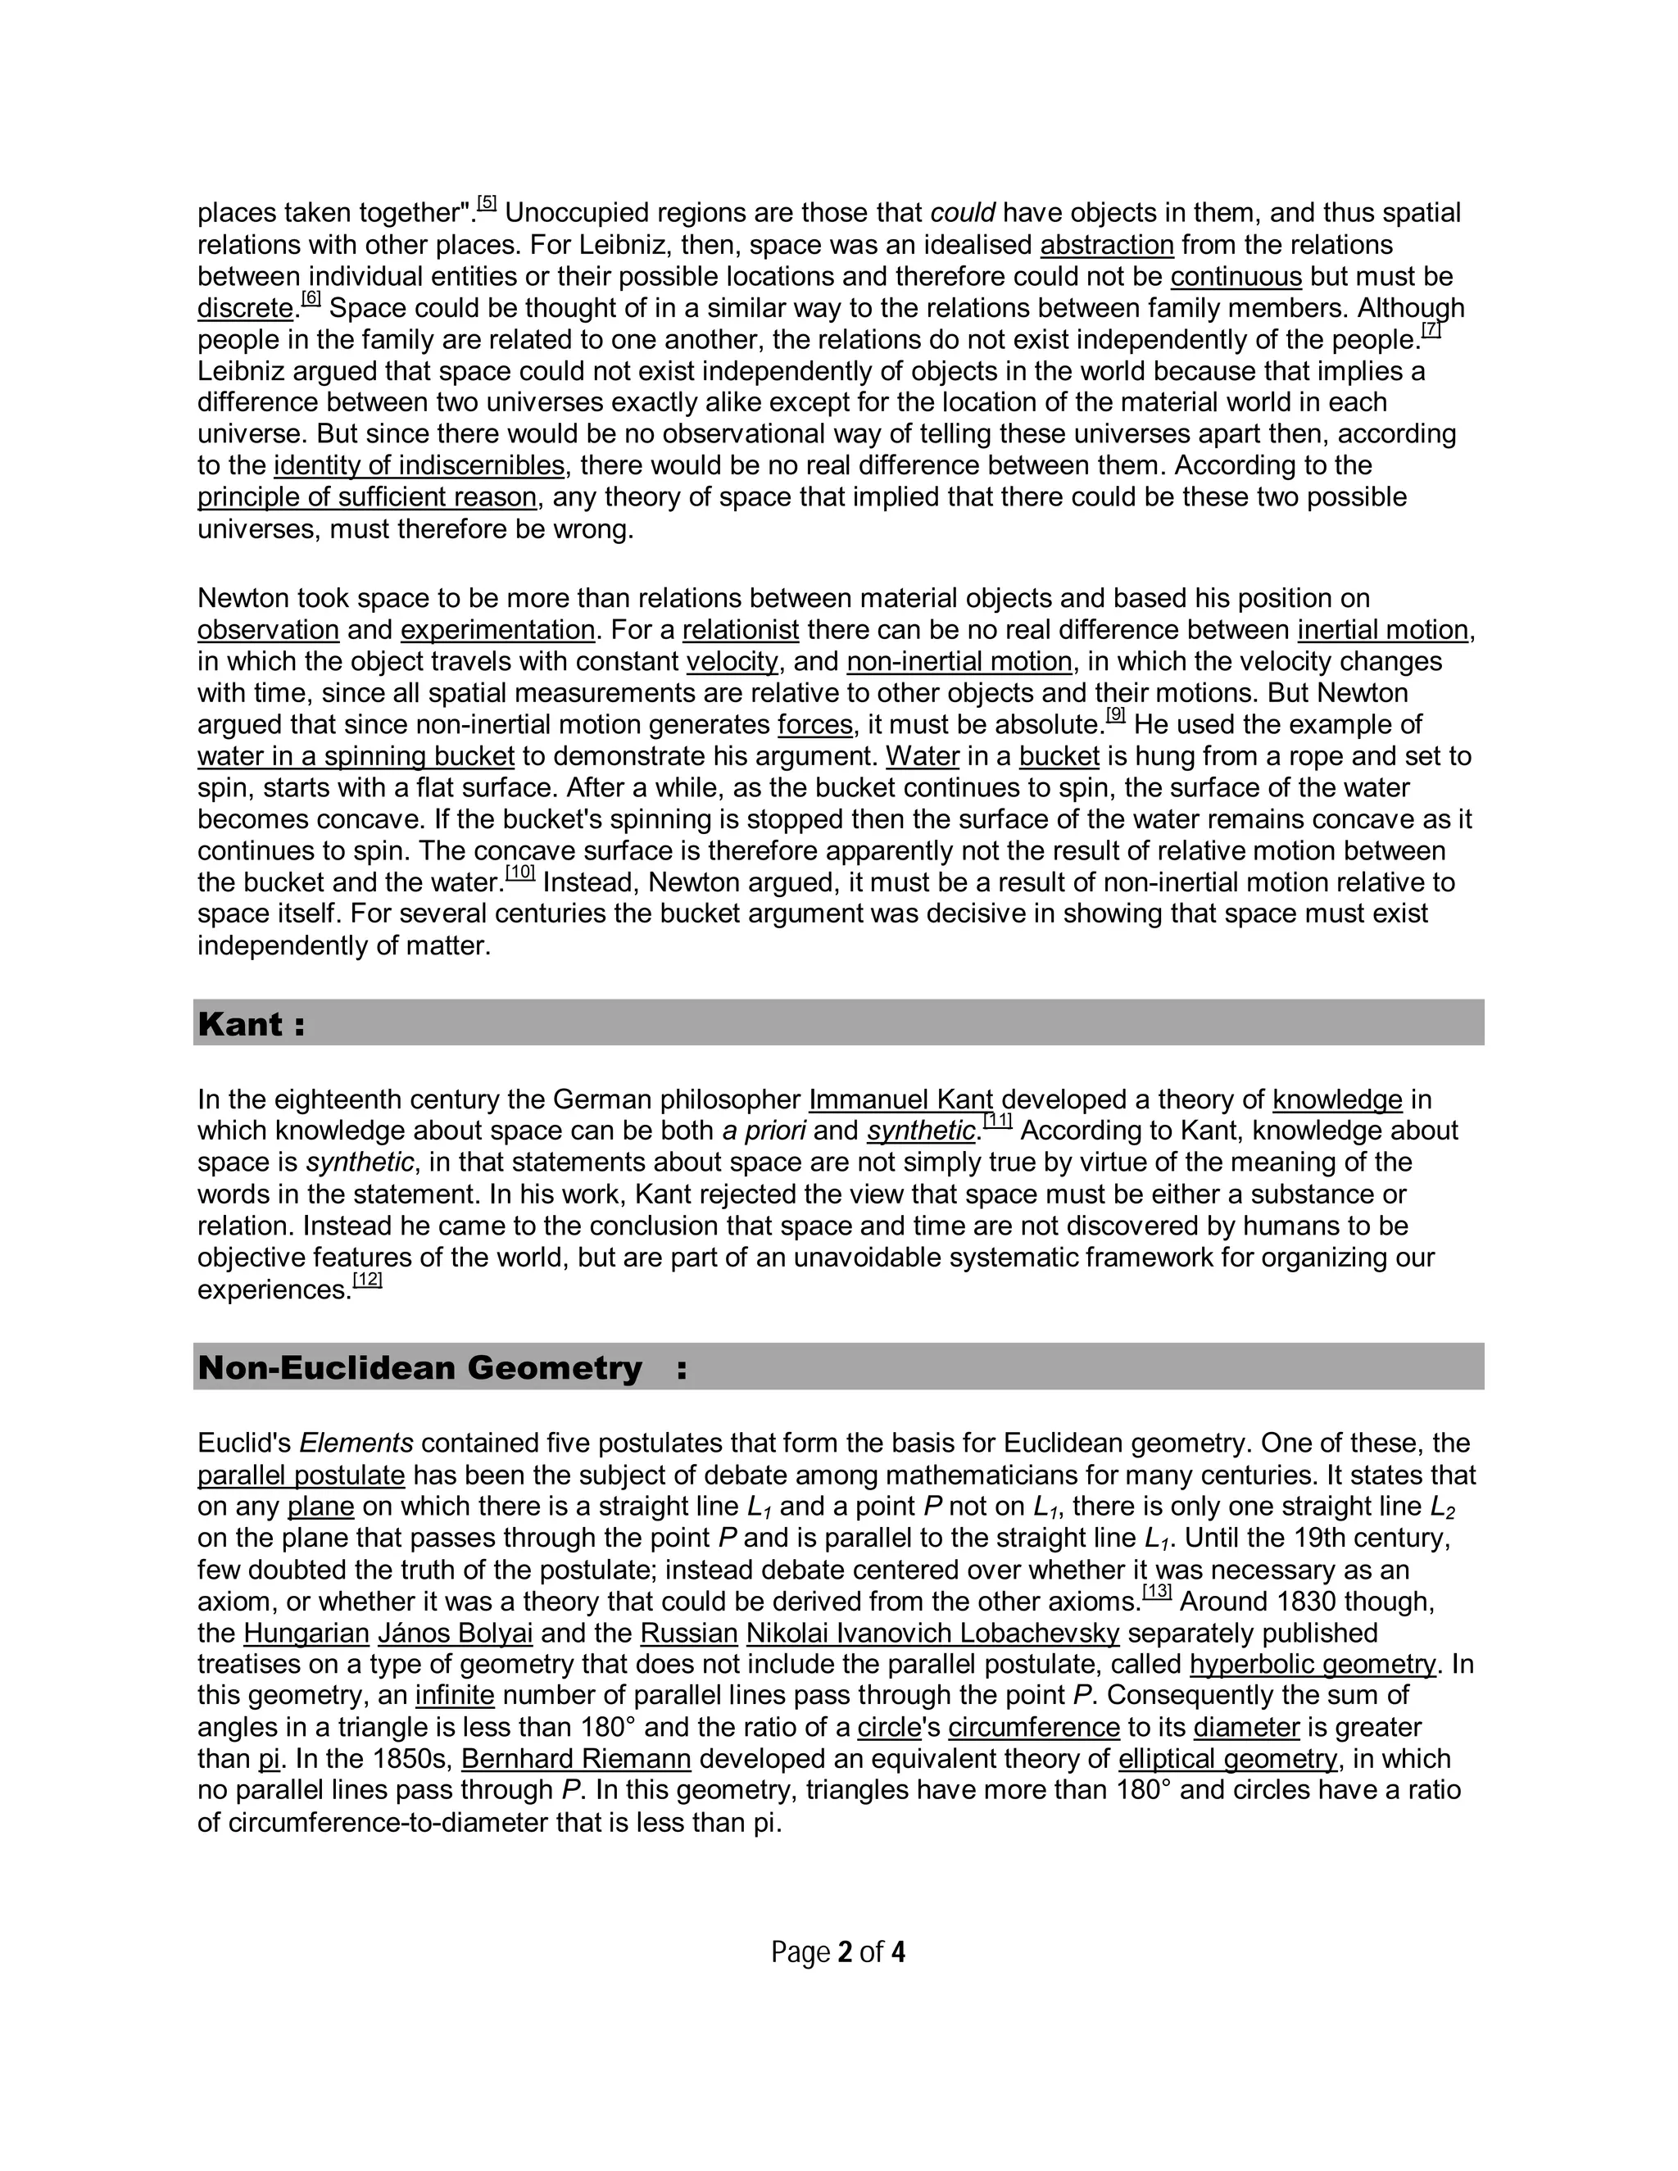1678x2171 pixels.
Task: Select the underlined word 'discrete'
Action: tap(244, 308)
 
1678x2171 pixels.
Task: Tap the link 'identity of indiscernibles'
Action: tap(419, 465)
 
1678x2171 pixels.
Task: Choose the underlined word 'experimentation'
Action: tap(497, 630)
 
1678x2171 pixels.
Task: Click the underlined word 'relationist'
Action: tap(741, 630)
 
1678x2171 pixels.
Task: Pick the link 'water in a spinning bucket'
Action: tap(356, 756)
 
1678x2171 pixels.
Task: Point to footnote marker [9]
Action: tap(1115, 714)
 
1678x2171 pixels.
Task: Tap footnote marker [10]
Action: tap(520, 872)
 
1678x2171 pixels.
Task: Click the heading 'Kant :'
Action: tap(252, 1024)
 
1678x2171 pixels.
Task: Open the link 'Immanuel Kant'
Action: tap(900, 1099)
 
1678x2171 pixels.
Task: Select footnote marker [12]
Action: tap(368, 1280)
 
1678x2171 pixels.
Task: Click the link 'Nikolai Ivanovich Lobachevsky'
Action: tap(932, 1634)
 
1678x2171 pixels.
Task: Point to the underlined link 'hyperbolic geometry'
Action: tap(1313, 1665)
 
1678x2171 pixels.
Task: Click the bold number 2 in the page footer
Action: tap(845, 1953)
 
